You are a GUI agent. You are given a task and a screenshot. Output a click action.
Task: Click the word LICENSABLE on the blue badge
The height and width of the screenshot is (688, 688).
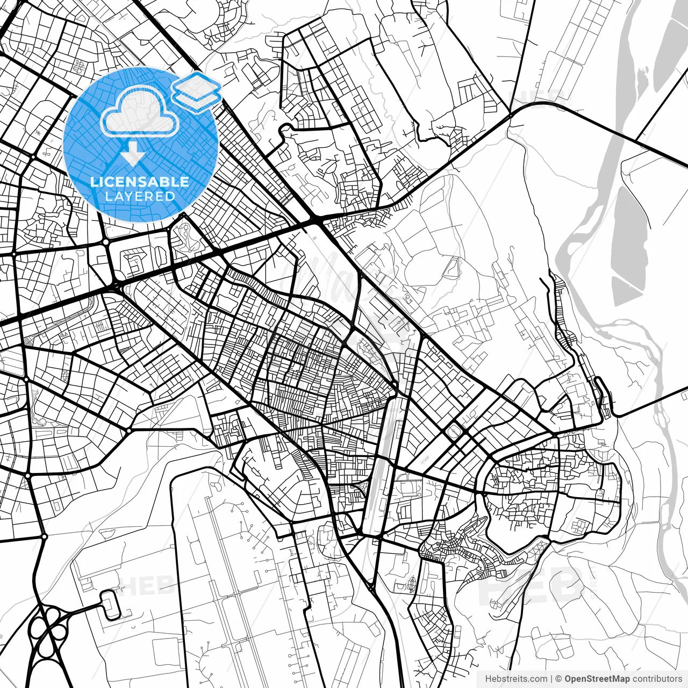point(140,182)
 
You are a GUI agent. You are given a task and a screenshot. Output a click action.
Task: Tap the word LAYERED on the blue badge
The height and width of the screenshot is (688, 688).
point(140,196)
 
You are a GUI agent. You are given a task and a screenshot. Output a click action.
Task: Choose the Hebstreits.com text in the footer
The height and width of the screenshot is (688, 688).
point(516,679)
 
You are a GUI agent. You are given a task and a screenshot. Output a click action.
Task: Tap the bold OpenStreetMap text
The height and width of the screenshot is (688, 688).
point(597,679)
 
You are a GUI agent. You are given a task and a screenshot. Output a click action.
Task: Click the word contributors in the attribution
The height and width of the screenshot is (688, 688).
point(657,679)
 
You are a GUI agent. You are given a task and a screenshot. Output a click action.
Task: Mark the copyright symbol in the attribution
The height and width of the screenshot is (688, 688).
point(559,679)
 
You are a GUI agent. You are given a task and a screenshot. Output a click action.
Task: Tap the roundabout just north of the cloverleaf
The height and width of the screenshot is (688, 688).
point(44,536)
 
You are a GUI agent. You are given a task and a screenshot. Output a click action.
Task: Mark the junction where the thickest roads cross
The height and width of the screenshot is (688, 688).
point(316,220)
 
